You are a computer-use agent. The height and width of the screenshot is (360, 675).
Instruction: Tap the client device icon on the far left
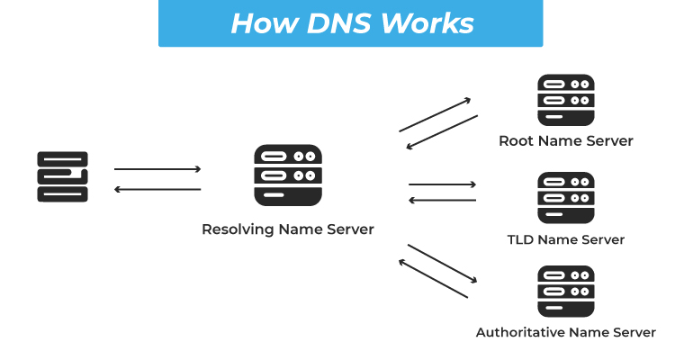[62, 176]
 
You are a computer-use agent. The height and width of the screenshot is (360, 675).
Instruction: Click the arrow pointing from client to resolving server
[157, 169]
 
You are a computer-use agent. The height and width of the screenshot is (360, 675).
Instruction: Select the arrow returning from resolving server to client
[157, 190]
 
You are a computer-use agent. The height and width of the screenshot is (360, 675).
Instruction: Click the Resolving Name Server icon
[288, 175]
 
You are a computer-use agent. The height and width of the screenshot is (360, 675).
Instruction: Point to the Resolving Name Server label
[288, 229]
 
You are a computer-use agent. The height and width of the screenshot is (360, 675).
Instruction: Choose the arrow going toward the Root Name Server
[436, 114]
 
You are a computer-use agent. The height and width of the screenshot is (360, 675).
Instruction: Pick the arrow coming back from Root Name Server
[442, 131]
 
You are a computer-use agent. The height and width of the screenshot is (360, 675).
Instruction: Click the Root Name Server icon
[566, 101]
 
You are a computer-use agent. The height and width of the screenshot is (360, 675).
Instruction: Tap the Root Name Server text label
[566, 141]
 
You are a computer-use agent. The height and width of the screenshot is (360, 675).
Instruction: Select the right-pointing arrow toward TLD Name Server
[442, 184]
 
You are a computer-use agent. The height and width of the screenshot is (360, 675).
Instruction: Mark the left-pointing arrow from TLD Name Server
[442, 200]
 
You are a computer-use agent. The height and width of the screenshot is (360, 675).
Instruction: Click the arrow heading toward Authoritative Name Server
[442, 263]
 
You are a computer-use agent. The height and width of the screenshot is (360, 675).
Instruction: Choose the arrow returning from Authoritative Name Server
[433, 279]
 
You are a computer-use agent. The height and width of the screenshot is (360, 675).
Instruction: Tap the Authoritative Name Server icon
[566, 292]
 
